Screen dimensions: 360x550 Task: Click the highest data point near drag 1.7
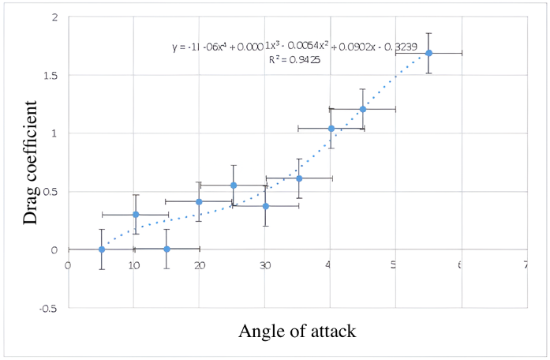[428, 53]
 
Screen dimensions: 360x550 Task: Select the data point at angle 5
[102, 249]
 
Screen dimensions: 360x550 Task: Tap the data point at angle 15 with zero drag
[166, 249]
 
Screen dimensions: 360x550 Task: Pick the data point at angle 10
[136, 214]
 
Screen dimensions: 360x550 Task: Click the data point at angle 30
[266, 206]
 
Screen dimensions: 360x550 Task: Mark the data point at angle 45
[363, 109]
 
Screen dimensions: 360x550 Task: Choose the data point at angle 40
[331, 128]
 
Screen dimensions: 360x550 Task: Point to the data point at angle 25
[234, 186]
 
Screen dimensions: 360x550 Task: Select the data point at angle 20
[199, 201]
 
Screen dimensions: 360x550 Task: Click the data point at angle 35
[299, 178]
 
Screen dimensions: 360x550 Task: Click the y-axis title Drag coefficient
[31, 162]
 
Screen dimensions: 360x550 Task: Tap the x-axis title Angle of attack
[297, 331]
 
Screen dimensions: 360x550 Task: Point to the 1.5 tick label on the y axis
[49, 75]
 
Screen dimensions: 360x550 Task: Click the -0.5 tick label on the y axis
[47, 308]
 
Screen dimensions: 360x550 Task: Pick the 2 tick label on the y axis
[53, 17]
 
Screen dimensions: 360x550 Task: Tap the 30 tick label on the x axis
[266, 265]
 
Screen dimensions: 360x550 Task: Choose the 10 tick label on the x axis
[135, 265]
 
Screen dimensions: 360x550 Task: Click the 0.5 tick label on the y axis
[49, 192]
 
